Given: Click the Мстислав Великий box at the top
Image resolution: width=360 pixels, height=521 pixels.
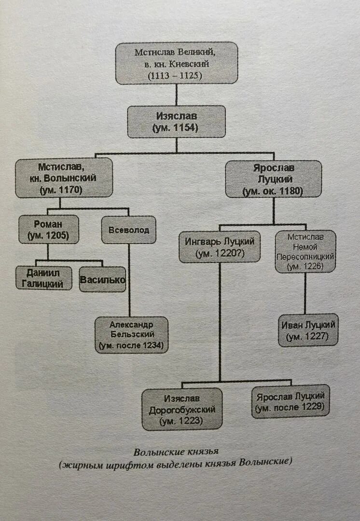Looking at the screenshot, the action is tap(177, 63).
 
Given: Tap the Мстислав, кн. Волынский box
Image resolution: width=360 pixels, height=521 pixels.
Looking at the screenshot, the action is tap(64, 178).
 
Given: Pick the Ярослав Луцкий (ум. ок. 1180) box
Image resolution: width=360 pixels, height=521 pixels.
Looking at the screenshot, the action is tap(274, 178).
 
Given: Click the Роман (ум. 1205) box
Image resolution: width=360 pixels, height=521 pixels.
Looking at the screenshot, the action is tap(48, 229).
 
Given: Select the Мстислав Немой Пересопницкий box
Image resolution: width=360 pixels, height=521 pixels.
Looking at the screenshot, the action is tap(305, 251).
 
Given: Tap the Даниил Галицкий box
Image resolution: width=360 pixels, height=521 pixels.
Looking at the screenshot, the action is tap(43, 278).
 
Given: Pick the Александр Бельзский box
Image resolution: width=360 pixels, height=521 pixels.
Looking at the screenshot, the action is tap(131, 334).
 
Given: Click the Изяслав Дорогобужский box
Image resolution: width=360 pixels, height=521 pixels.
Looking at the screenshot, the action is tap(182, 409).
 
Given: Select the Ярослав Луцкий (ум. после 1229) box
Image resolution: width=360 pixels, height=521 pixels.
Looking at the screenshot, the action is tap(291, 401).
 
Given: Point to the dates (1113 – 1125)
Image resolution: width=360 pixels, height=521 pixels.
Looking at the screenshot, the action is tap(177, 75).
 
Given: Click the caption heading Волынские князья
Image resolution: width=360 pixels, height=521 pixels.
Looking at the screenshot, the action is tap(176, 452).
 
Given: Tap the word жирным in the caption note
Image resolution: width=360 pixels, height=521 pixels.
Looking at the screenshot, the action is tap(81, 463).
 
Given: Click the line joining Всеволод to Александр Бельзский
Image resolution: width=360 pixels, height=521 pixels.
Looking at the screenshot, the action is tap(129, 280).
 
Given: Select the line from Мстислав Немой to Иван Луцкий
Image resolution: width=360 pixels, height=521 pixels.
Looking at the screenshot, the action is tap(305, 294).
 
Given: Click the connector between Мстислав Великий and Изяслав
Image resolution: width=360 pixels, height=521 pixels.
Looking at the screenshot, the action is tap(177, 95).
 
